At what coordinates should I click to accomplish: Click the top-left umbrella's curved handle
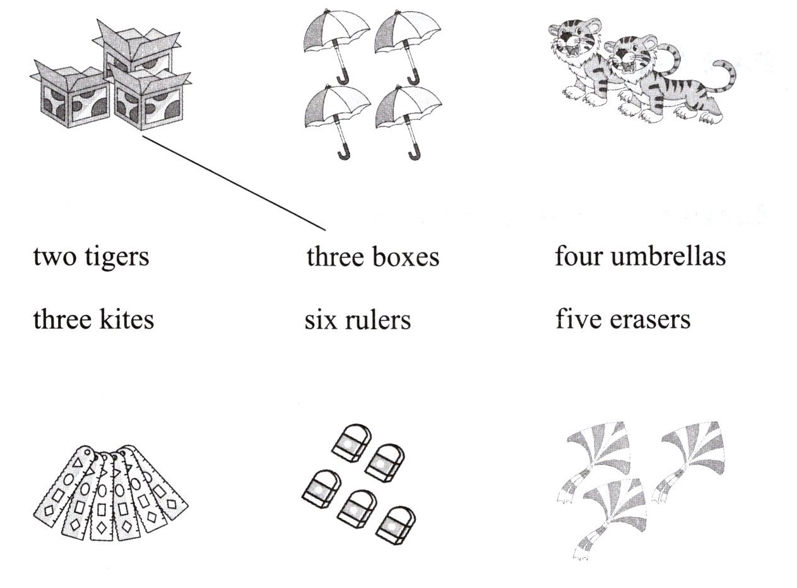point(343,78)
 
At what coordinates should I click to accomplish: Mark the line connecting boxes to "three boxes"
point(233,183)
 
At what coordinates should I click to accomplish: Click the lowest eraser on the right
point(396,525)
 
